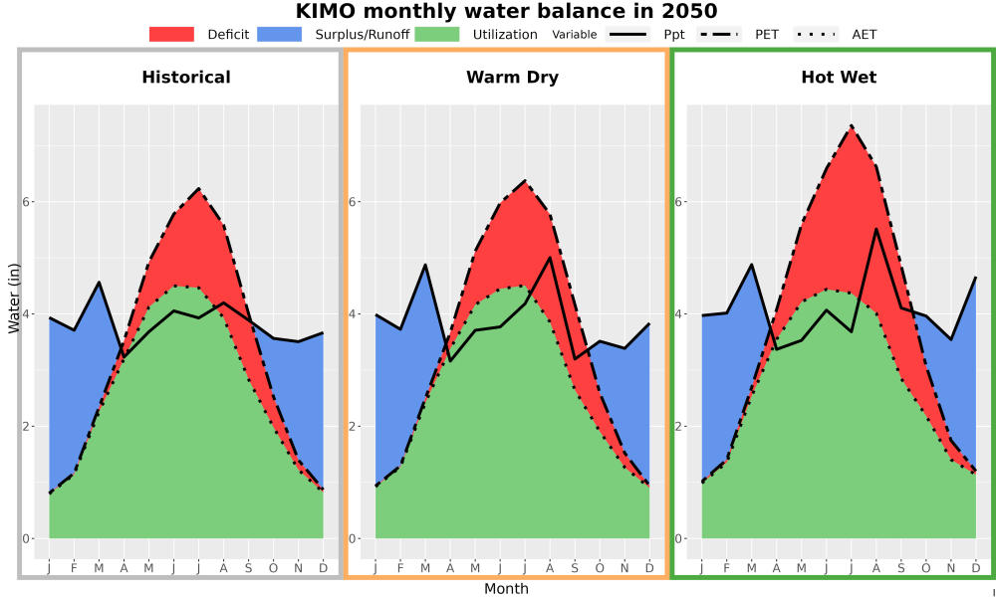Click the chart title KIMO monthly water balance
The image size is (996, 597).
pos(506,11)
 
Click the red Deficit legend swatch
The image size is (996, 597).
pos(171,34)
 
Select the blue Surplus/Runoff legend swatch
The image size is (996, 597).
pos(280,34)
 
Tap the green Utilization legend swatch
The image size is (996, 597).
pos(437,34)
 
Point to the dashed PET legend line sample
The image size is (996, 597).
pos(719,34)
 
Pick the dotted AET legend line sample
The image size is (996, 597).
pos(817,34)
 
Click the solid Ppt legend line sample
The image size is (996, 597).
pos(627,34)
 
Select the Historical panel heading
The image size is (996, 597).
pos(186,78)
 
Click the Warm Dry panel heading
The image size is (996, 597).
pos(513,78)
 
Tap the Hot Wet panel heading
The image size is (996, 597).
pos(839,78)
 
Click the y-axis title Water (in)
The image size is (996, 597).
pos(14,292)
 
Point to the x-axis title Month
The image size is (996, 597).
pos(506,589)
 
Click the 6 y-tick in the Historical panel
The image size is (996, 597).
pos(27,202)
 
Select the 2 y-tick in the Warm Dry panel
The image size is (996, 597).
pos(354,426)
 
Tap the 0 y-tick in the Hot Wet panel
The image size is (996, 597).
pos(679,538)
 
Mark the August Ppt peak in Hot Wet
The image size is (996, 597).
pos(876,229)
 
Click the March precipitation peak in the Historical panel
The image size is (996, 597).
pos(99,282)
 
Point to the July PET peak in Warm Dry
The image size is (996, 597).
pos(525,181)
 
